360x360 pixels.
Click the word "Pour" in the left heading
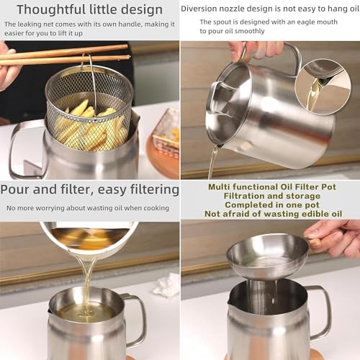click(17, 189)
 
